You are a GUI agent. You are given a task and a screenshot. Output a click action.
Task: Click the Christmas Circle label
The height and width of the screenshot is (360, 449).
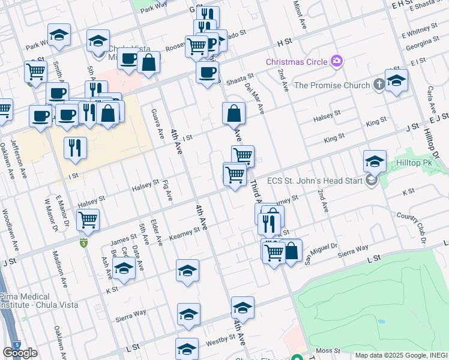tap(297, 62)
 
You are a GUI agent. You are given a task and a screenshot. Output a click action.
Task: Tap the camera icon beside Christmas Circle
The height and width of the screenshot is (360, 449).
tap(337, 61)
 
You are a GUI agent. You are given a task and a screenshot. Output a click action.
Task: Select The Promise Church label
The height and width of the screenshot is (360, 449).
tap(332, 85)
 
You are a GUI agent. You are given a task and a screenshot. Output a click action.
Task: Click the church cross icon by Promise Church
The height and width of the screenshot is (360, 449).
tap(379, 85)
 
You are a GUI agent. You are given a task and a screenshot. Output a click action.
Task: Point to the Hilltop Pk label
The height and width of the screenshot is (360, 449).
tap(414, 163)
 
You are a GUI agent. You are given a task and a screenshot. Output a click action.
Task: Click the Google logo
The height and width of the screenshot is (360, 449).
tap(20, 353)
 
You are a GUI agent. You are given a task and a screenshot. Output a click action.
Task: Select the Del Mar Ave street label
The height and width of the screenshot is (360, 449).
tap(255, 96)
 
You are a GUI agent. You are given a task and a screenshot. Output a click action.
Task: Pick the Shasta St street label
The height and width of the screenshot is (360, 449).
tap(240, 77)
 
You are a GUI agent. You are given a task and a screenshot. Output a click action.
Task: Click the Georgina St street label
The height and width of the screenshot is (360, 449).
tap(421, 44)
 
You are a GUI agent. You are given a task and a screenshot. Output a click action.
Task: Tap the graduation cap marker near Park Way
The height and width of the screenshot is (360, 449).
tap(59, 35)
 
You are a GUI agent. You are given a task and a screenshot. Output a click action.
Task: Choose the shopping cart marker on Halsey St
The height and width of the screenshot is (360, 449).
tap(88, 220)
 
